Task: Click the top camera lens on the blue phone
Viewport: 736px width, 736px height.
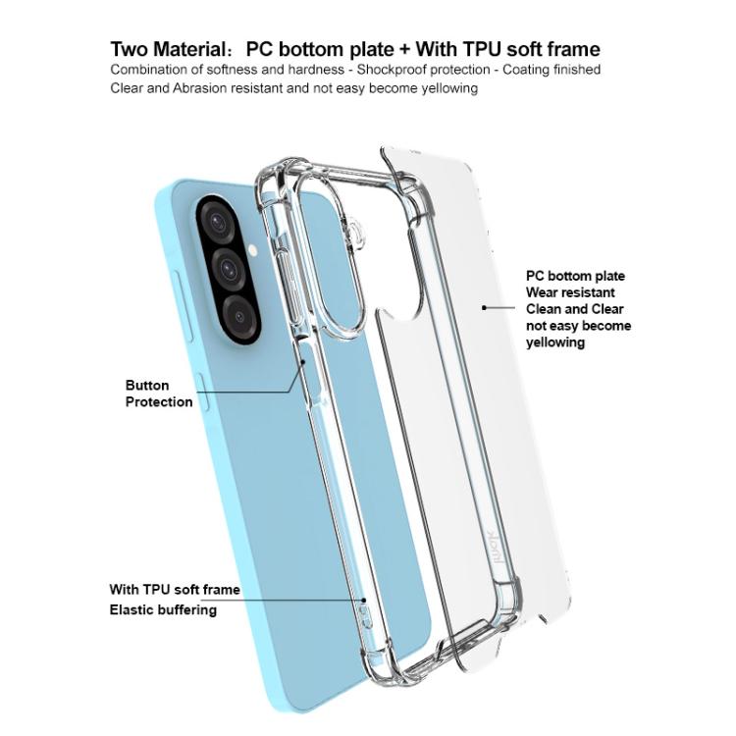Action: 217,219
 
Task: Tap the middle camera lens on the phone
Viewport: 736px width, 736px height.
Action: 228,266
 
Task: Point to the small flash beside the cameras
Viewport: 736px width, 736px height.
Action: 253,250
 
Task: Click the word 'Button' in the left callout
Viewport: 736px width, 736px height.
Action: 147,386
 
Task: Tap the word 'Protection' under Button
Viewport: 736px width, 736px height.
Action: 159,402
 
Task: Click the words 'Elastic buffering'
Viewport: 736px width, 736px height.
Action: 163,609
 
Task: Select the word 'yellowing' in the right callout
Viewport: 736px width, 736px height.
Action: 555,342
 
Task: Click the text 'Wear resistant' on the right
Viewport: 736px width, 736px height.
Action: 570,292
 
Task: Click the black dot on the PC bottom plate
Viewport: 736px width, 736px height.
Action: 484,307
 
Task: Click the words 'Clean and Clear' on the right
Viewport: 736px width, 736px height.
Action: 575,309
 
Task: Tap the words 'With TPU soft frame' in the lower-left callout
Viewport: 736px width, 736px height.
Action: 175,590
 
